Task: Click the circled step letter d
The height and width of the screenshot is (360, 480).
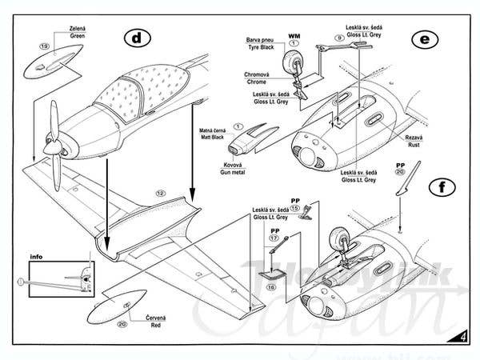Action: pyautogui.click(x=138, y=37)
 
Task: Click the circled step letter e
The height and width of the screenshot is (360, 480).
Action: pyautogui.click(x=421, y=38)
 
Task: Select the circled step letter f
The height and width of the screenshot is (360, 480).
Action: pyautogui.click(x=438, y=189)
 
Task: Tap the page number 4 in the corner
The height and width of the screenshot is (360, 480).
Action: pyautogui.click(x=464, y=336)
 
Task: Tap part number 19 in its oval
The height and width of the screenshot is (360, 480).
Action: pyautogui.click(x=45, y=46)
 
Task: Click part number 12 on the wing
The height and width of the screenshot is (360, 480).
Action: pyautogui.click(x=160, y=194)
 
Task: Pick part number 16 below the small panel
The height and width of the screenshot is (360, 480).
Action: pyautogui.click(x=270, y=286)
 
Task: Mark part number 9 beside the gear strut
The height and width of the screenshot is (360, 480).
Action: pyautogui.click(x=339, y=38)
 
